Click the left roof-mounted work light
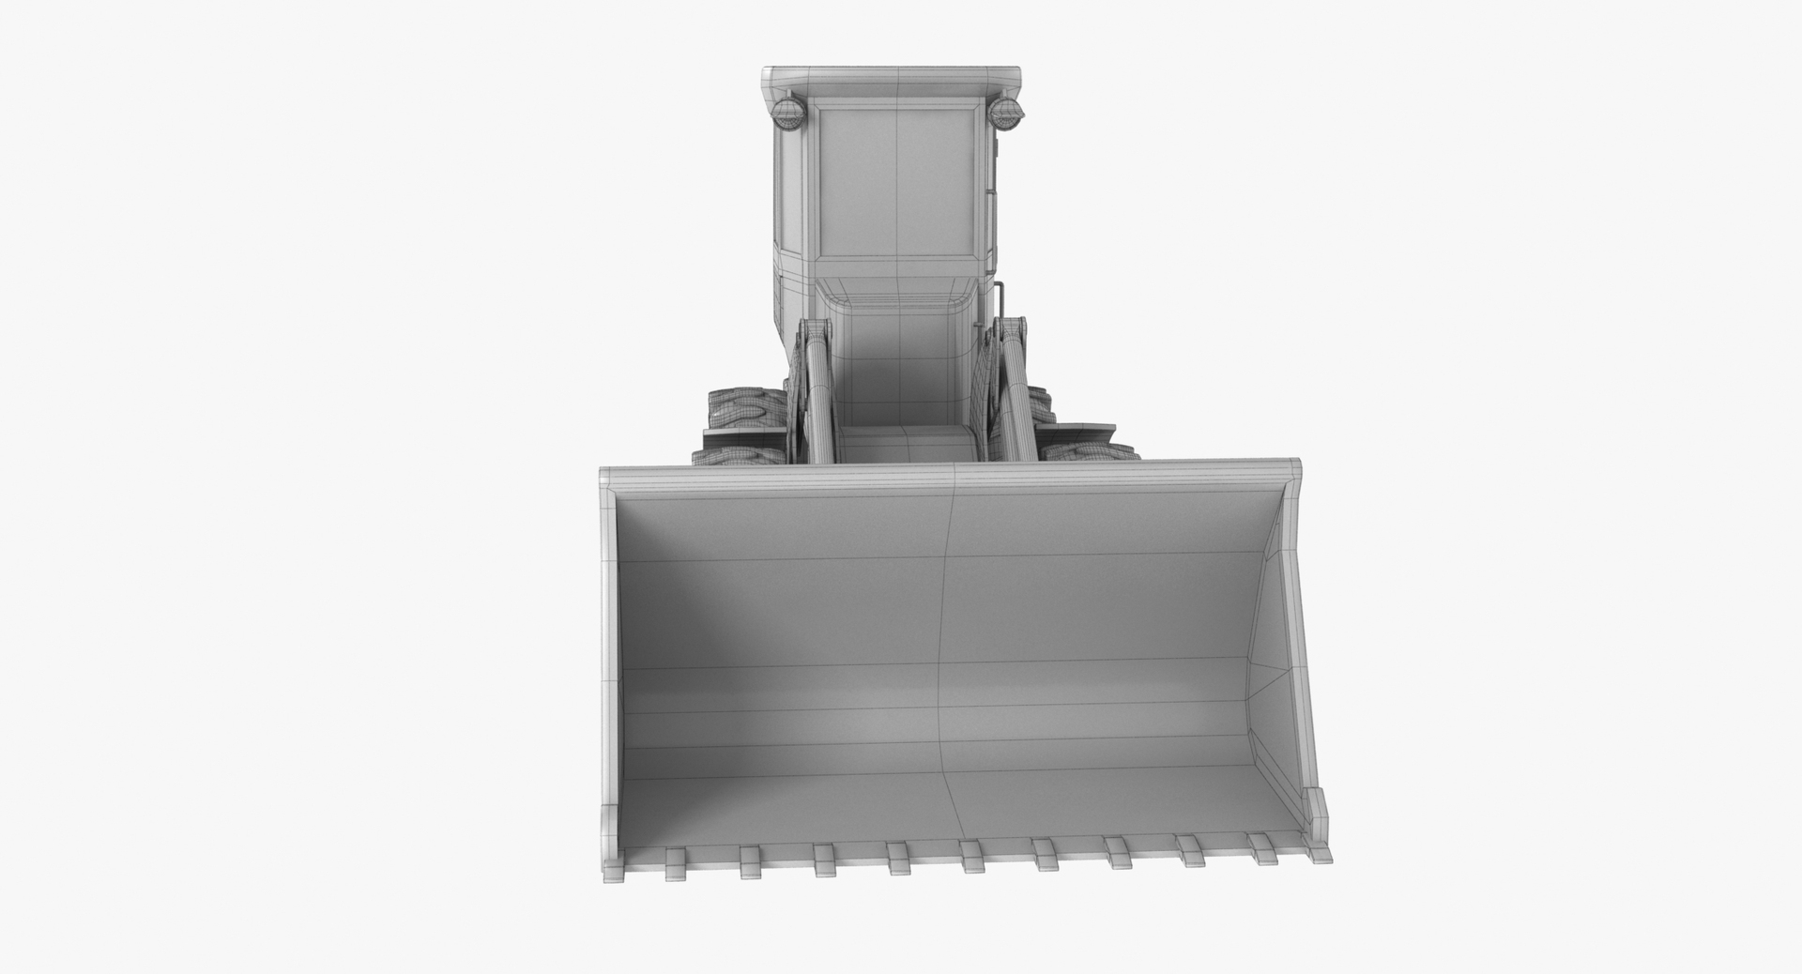787,116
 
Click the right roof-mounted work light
1006,116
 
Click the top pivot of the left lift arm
815,332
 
